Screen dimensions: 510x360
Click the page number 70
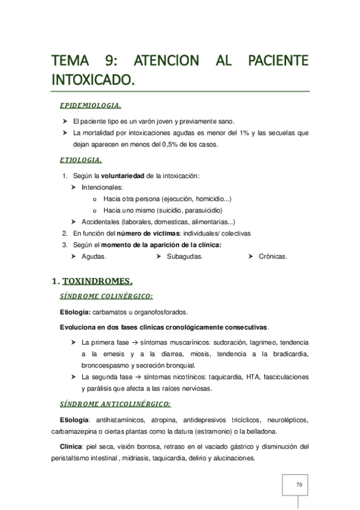tap(299, 484)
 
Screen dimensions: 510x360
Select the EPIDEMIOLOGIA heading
tap(91, 106)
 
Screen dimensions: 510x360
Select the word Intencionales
tap(102, 187)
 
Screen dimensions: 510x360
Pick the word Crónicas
tap(272, 256)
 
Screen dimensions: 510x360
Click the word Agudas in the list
tap(93, 256)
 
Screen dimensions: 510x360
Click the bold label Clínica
tap(73, 446)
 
